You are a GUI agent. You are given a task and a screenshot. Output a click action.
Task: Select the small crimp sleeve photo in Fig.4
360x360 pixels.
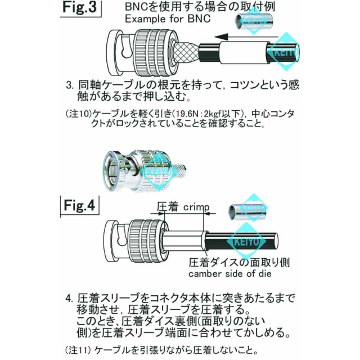[247, 211]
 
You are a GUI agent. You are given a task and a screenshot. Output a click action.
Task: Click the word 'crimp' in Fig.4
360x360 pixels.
[196, 207]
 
